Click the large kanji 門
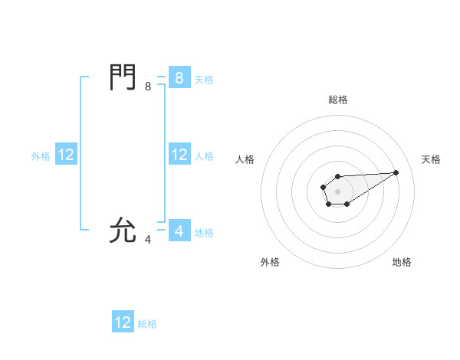tap(123, 77)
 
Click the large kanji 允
tap(123, 230)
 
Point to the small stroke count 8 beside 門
tap(148, 87)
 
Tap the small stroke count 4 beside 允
tap(148, 239)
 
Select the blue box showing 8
tap(179, 78)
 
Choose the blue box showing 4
tap(179, 231)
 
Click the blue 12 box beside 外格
tap(66, 155)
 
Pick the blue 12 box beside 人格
tap(179, 155)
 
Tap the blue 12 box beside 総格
tap(123, 322)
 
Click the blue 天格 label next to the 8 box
tap(204, 79)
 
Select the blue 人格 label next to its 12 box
tap(204, 155)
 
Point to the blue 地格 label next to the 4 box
tap(204, 232)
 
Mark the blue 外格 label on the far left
tap(41, 155)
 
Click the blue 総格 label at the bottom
tap(147, 324)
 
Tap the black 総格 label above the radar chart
tap(337, 100)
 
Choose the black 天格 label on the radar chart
tap(431, 159)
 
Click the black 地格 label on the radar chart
tap(402, 262)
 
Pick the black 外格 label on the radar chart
tap(270, 262)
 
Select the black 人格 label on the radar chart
tap(245, 159)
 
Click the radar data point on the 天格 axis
tap(396, 172)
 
